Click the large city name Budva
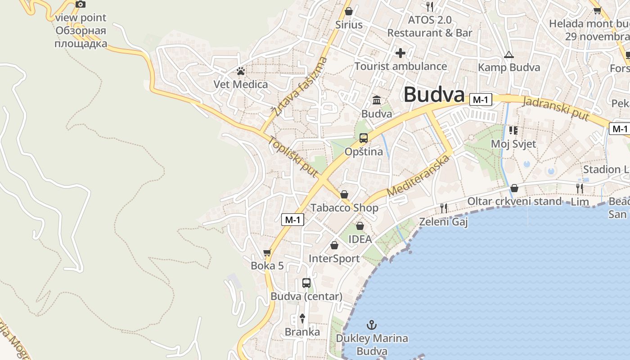tap(434, 95)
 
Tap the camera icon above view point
tap(81, 4)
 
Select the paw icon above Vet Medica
tap(241, 71)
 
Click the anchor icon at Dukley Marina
tap(372, 325)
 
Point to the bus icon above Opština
tap(364, 138)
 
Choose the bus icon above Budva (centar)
tap(306, 283)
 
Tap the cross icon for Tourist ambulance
tap(400, 53)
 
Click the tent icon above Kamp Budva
tap(509, 55)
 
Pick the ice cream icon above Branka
tap(302, 319)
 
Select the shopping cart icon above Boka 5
tap(267, 252)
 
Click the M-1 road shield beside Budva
tap(481, 100)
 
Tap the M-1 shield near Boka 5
tap(293, 220)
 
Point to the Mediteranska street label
tap(418, 176)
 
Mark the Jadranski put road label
tap(556, 108)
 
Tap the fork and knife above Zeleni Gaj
tap(444, 208)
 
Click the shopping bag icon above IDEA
tap(360, 226)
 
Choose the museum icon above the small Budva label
tap(377, 100)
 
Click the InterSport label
tap(334, 259)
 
